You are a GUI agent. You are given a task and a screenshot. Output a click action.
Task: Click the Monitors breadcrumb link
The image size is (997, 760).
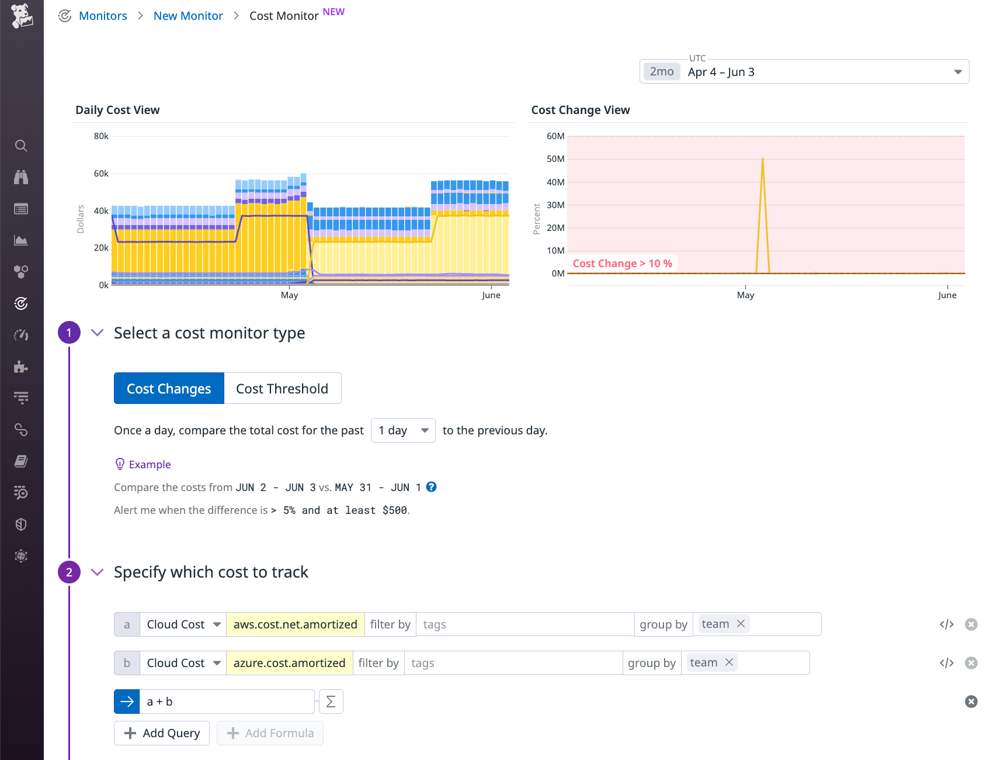click(103, 16)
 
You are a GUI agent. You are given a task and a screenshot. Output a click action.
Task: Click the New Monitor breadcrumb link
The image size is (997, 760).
click(188, 16)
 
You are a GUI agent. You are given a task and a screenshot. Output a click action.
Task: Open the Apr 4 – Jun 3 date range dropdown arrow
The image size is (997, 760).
click(957, 72)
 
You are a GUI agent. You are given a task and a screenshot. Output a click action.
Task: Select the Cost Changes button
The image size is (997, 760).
click(169, 389)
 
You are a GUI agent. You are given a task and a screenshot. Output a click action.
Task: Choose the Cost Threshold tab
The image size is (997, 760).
click(282, 389)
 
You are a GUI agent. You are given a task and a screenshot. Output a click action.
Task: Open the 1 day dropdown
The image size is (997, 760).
click(403, 431)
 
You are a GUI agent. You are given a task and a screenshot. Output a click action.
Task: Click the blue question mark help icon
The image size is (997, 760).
click(431, 487)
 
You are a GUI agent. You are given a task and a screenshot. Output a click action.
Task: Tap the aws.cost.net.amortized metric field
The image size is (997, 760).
click(295, 624)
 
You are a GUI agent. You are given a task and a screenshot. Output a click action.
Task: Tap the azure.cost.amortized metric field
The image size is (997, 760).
click(289, 663)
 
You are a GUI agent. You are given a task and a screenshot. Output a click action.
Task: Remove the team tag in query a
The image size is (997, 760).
click(741, 624)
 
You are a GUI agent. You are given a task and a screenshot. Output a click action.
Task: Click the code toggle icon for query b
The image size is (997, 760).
click(946, 663)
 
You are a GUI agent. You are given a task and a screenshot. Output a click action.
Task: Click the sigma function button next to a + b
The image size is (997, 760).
click(331, 702)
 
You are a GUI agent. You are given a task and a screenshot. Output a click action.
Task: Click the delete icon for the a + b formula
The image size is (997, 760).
click(971, 702)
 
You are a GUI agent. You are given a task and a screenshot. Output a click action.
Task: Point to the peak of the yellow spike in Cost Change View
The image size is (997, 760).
click(762, 159)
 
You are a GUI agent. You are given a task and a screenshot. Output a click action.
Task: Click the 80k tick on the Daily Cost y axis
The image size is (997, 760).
click(101, 136)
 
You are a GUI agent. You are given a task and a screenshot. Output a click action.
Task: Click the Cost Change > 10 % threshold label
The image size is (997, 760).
click(622, 264)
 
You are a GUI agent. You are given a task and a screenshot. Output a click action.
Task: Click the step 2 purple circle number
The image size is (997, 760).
click(69, 572)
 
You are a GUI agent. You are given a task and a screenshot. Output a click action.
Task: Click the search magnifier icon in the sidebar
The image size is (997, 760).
click(21, 146)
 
